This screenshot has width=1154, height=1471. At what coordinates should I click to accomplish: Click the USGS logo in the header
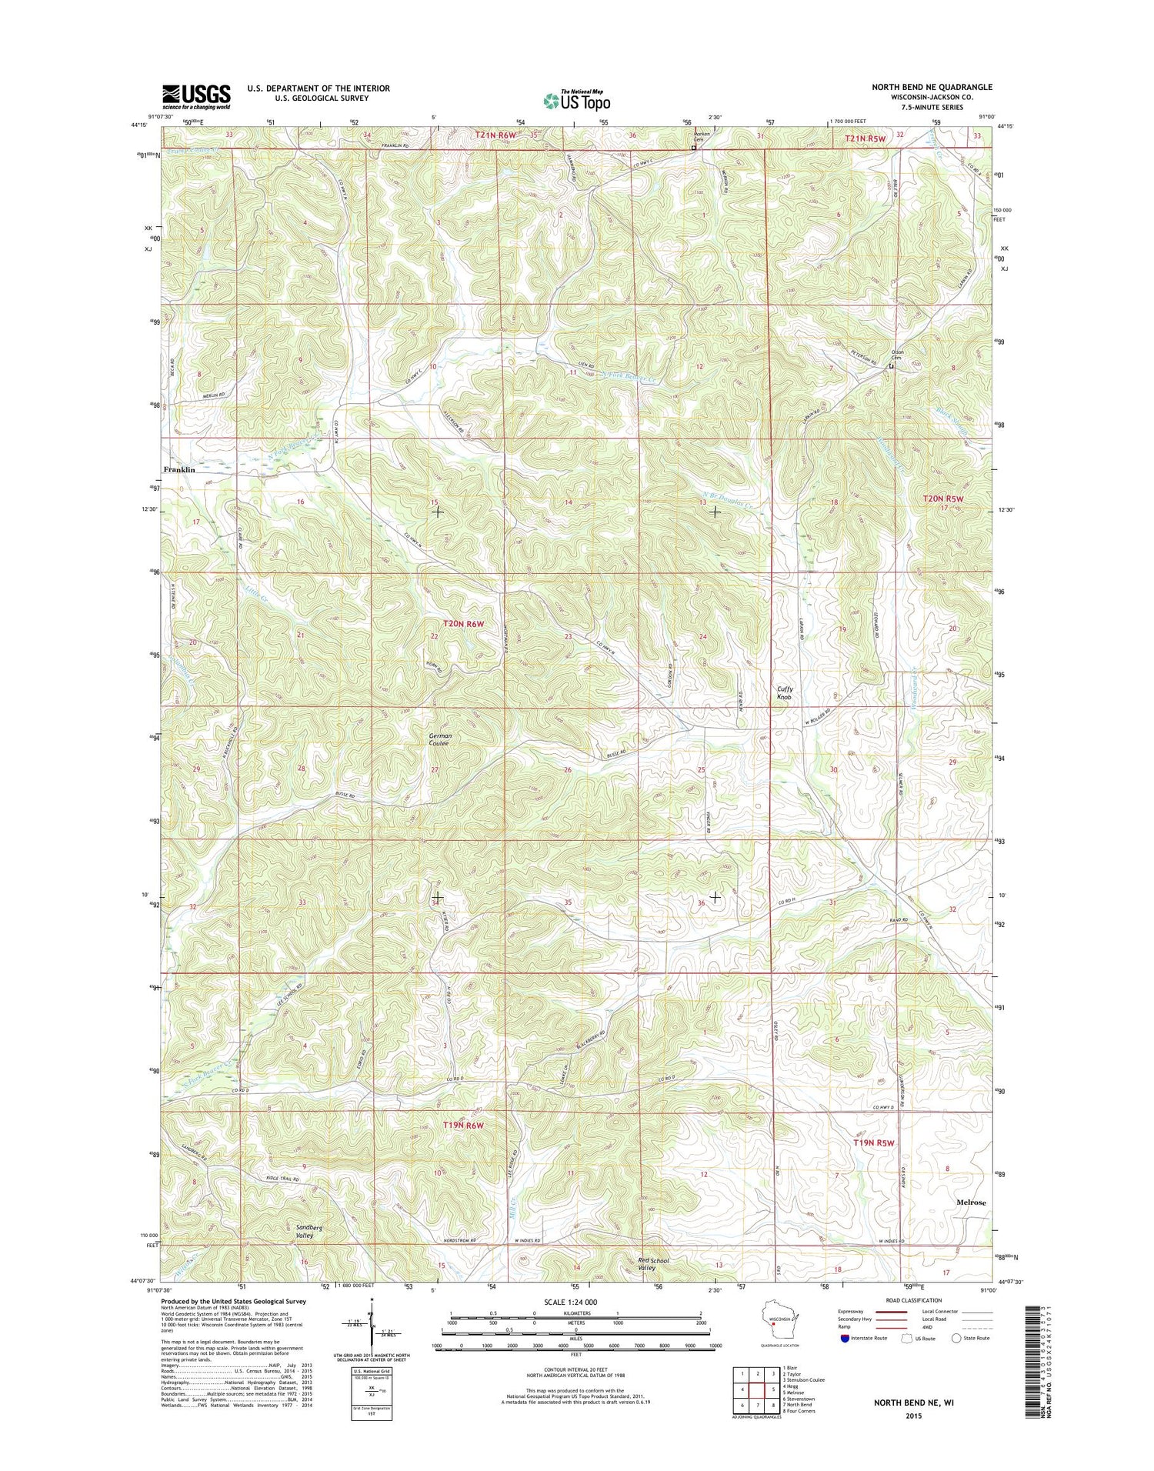(195, 97)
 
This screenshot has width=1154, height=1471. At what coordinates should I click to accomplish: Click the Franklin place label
(178, 469)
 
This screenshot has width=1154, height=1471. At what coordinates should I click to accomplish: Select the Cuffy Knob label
(784, 693)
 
